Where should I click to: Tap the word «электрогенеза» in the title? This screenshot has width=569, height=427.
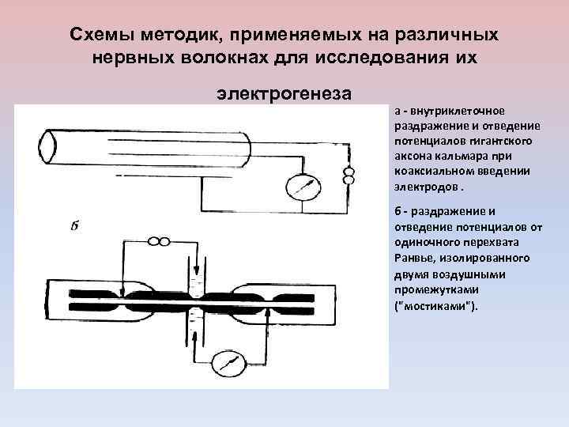pyautogui.click(x=284, y=94)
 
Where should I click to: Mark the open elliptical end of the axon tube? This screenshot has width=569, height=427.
pyautogui.click(x=47, y=146)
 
